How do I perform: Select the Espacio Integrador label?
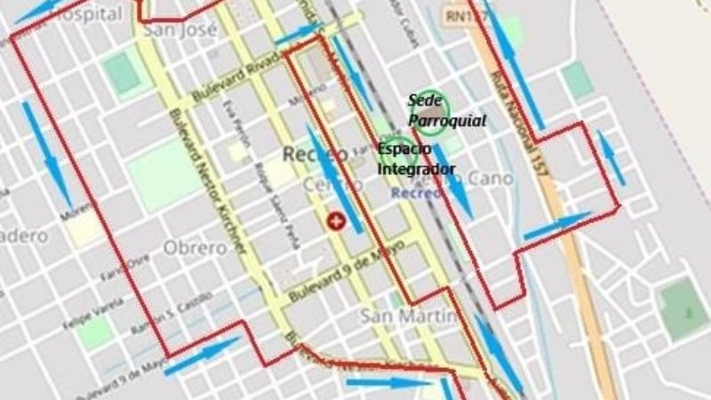416,158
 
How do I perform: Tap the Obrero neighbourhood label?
195,248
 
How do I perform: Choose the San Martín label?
408,316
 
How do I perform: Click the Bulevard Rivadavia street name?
238,82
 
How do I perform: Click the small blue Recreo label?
417,192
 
